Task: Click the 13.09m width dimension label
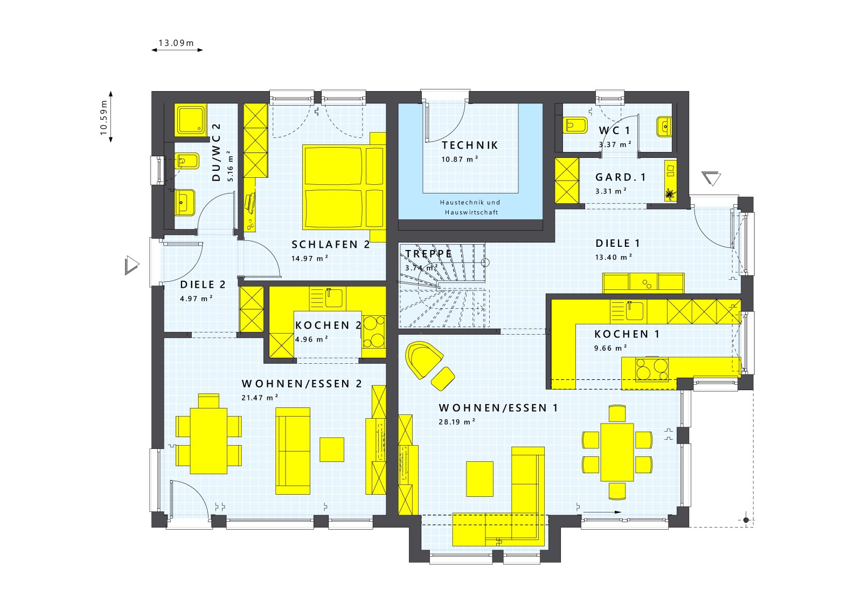[x=176, y=43]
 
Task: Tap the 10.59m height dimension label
[x=104, y=117]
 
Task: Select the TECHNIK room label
[x=470, y=145]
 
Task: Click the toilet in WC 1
[x=575, y=126]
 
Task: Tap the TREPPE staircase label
[x=428, y=254]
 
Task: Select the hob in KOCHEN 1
[x=652, y=369]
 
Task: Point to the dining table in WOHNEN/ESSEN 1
[x=617, y=452]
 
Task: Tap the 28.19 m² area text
[x=456, y=422]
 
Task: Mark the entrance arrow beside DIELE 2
[x=131, y=265]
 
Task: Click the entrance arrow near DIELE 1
[x=712, y=178]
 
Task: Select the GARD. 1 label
[x=620, y=177]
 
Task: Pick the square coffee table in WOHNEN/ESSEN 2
[x=332, y=449]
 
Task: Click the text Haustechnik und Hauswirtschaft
[x=470, y=207]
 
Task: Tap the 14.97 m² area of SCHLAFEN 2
[x=310, y=259]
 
